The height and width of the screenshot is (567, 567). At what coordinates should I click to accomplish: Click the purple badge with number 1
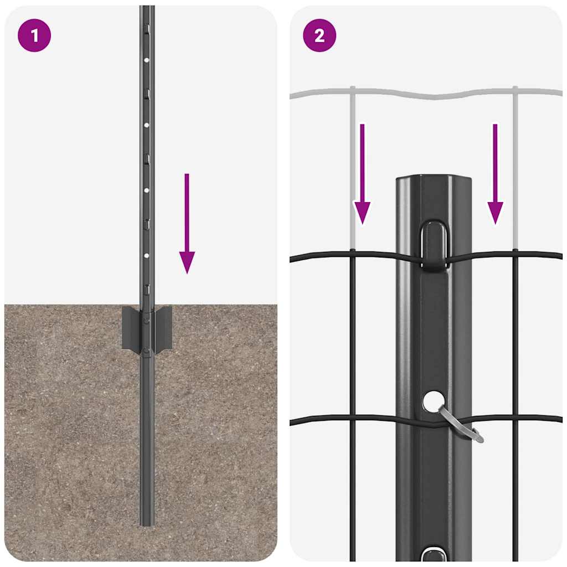[34, 36]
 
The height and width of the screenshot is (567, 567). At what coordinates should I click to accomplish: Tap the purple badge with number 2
[319, 36]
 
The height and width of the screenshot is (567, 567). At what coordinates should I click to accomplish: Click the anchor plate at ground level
[147, 328]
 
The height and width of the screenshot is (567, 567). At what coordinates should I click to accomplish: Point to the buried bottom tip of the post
[147, 520]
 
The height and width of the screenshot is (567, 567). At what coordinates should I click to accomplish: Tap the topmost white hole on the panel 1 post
[147, 60]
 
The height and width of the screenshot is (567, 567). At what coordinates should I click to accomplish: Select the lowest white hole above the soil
[147, 256]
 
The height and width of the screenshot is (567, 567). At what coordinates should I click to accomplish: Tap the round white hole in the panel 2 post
[434, 400]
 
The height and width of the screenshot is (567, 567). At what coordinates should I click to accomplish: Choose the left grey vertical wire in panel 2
[352, 166]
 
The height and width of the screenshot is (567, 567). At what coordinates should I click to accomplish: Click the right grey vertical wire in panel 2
[515, 166]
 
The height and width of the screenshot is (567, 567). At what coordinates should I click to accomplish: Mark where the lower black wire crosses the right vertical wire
[515, 419]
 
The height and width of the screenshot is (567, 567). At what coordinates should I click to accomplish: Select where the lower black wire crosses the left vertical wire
[352, 419]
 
